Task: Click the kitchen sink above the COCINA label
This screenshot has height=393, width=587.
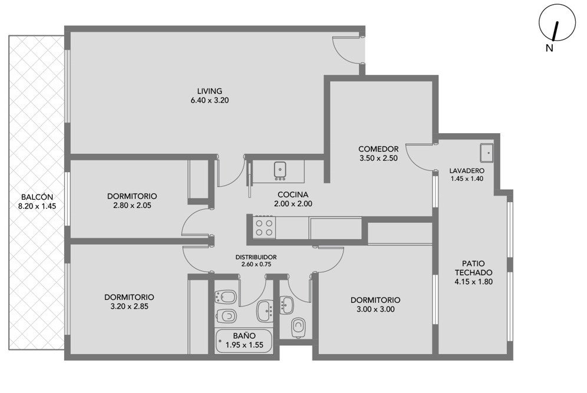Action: pyautogui.click(x=280, y=171)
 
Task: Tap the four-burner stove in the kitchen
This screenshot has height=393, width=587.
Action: pyautogui.click(x=264, y=227)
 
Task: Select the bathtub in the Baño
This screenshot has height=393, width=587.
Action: pyautogui.click(x=245, y=341)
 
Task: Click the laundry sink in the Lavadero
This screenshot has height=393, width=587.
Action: pyautogui.click(x=487, y=153)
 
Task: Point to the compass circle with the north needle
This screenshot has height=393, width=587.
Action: pyautogui.click(x=557, y=22)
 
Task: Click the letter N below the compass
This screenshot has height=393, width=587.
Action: pyautogui.click(x=549, y=48)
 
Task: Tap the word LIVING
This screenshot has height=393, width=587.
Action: pyautogui.click(x=210, y=91)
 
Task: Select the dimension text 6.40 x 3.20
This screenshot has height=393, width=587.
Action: pyautogui.click(x=210, y=100)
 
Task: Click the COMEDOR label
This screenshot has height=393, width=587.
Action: pyautogui.click(x=378, y=149)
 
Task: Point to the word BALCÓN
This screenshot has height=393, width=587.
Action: pyautogui.click(x=37, y=197)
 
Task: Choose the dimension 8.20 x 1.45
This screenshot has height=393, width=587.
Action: pyautogui.click(x=37, y=206)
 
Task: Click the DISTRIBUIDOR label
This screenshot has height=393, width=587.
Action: pyautogui.click(x=256, y=257)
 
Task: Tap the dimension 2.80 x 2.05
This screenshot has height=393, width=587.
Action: pyautogui.click(x=132, y=206)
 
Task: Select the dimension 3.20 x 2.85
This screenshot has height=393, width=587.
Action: pyautogui.click(x=129, y=306)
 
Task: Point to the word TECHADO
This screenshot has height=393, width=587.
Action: pyautogui.click(x=474, y=272)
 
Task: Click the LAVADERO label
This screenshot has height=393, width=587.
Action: pyautogui.click(x=467, y=171)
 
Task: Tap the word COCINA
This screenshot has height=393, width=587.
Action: pyautogui.click(x=293, y=194)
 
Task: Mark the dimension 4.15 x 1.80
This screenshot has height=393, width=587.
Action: pyautogui.click(x=474, y=282)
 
